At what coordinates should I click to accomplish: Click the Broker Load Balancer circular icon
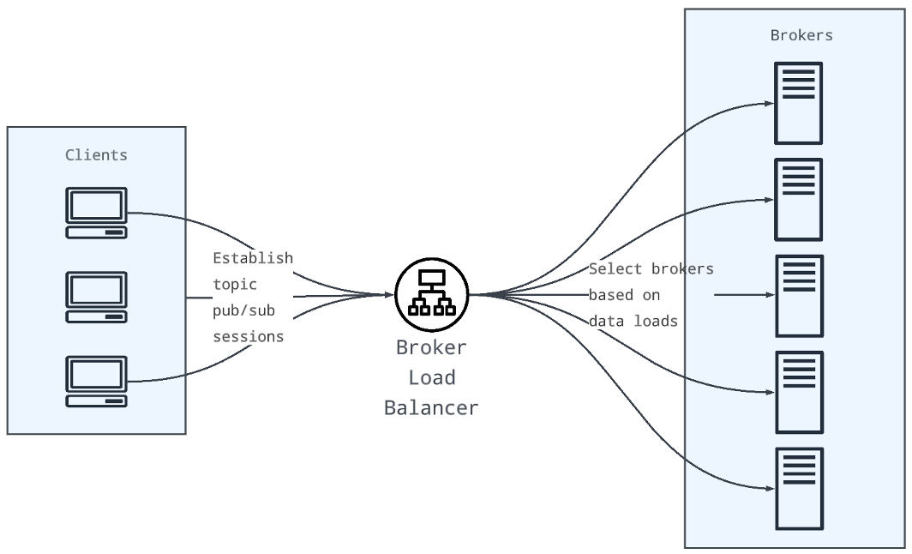pos(431,294)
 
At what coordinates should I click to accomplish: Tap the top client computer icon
pos(97,213)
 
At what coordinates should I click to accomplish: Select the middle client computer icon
pos(97,297)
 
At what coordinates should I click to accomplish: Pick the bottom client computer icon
pos(97,381)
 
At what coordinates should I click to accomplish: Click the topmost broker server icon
pos(798,103)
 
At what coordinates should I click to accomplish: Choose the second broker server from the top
pos(798,199)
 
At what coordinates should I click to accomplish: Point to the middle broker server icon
pos(798,295)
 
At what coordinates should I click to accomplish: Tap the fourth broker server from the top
pos(798,392)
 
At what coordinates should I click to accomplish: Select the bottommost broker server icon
pos(798,488)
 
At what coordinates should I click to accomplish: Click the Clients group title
pos(96,155)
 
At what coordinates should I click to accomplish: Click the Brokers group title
pos(801,36)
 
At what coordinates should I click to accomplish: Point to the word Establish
pos(253,258)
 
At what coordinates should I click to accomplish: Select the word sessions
pos(248,336)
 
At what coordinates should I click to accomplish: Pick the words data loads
pos(633,322)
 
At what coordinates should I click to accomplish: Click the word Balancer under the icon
pos(431,407)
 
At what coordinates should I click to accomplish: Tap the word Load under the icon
pos(431,377)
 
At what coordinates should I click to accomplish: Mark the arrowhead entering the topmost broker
pos(769,103)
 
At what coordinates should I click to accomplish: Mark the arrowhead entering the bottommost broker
pos(769,488)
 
